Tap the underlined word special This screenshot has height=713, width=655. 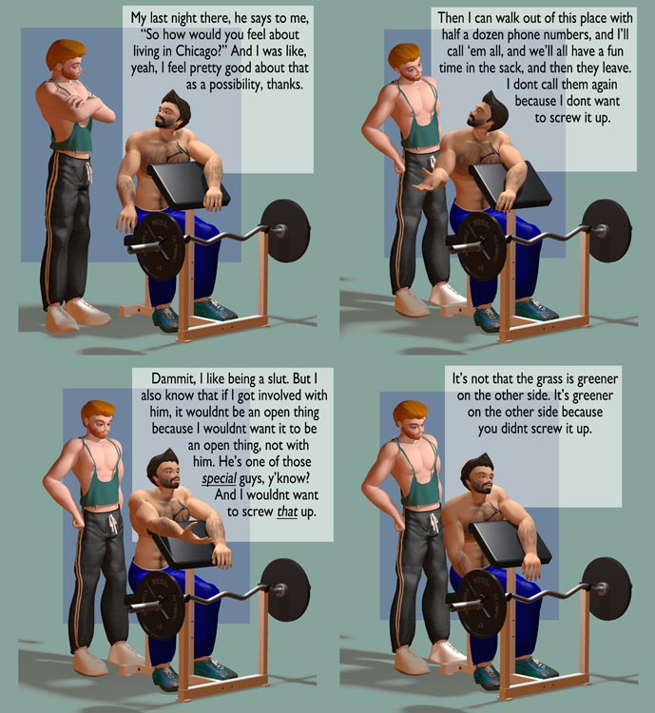click(x=220, y=479)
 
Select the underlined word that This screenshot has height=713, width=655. click(x=287, y=511)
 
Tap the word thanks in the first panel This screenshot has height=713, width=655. click(x=284, y=85)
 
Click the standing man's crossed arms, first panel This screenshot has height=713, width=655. click(x=87, y=105)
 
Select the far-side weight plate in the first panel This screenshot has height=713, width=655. click(x=285, y=231)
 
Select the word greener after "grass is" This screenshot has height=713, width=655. click(x=597, y=379)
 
